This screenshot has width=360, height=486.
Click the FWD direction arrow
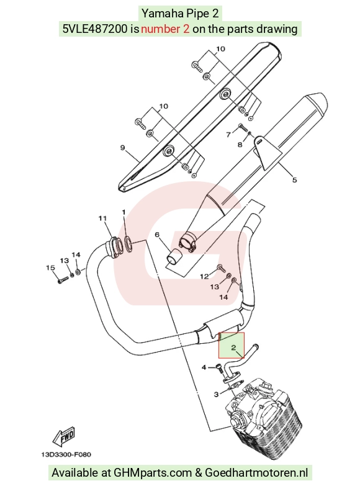[64, 436]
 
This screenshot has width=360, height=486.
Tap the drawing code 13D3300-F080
[66, 455]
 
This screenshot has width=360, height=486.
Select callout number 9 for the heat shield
[122, 148]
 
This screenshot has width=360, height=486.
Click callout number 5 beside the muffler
[295, 179]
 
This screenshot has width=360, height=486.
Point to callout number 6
[157, 235]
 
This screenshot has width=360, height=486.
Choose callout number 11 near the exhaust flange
[102, 218]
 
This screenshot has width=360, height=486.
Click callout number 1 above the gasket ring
[124, 212]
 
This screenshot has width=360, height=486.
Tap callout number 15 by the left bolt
[50, 268]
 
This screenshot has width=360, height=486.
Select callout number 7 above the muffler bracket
[228, 135]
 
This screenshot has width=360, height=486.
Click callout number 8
[240, 145]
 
